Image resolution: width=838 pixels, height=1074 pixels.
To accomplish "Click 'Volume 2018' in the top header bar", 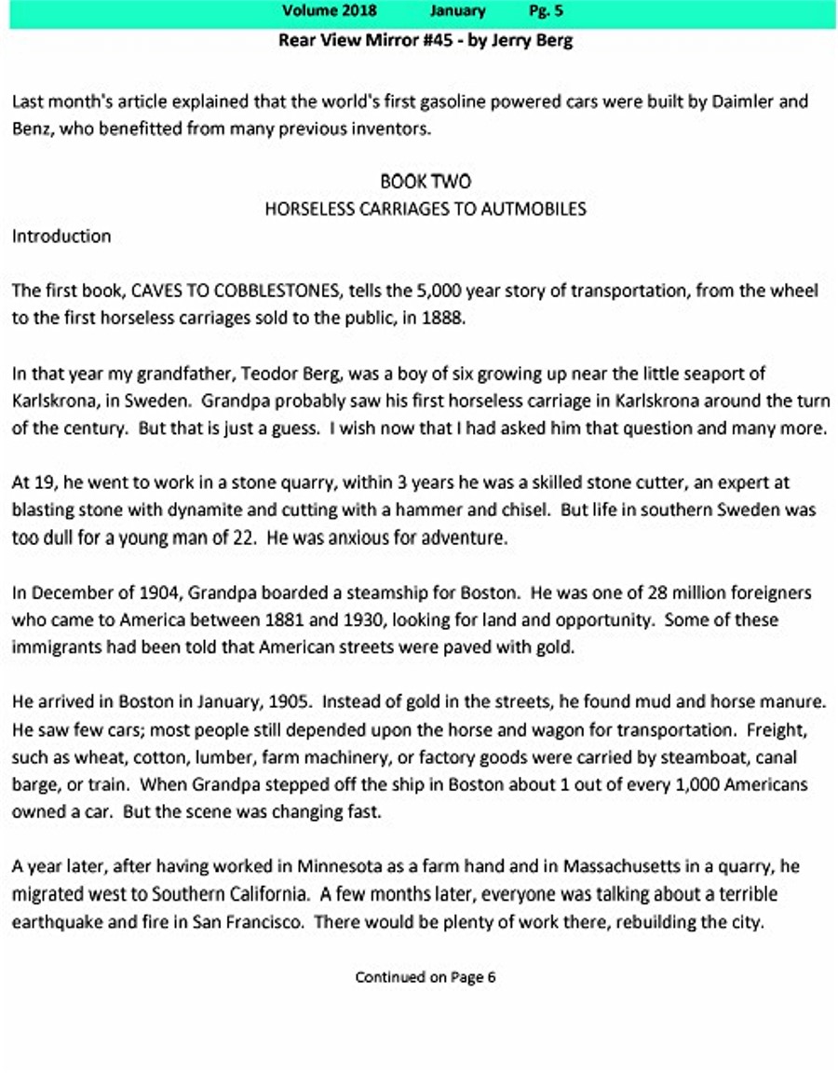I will [x=331, y=11].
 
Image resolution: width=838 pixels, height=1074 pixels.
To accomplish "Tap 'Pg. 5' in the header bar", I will [x=546, y=11].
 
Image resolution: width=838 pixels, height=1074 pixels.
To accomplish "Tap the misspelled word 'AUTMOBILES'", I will [x=534, y=209].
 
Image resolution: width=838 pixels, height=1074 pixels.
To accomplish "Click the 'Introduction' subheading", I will [x=61, y=237].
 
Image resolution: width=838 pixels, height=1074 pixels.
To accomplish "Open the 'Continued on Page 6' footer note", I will [x=425, y=977].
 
